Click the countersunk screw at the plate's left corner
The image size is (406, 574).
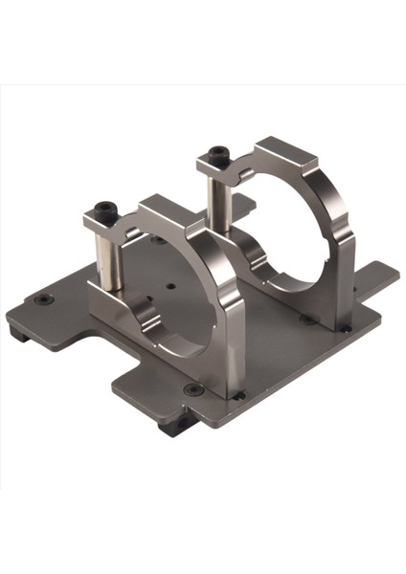42,299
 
